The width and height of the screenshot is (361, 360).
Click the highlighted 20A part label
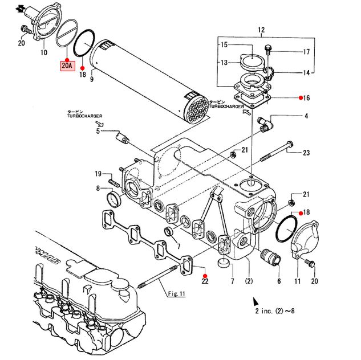click(68, 66)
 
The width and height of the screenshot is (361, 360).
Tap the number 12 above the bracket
click(261, 30)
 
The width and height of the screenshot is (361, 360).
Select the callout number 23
click(306, 153)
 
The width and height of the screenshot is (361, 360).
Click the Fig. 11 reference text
click(176, 293)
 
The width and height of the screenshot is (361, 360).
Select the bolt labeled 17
click(267, 50)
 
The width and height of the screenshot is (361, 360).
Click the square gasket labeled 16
click(252, 100)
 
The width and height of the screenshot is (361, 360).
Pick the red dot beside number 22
click(205, 276)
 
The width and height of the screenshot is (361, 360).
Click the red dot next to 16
click(301, 98)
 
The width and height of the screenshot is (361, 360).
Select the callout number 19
click(98, 174)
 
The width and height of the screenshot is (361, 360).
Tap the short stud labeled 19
click(113, 183)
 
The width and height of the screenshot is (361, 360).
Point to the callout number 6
click(279, 281)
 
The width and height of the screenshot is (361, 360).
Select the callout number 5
click(98, 131)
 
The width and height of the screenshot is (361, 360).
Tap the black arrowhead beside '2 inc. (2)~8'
click(256, 301)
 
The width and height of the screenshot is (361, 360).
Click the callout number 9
click(92, 79)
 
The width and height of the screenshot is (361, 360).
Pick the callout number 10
click(44, 52)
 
